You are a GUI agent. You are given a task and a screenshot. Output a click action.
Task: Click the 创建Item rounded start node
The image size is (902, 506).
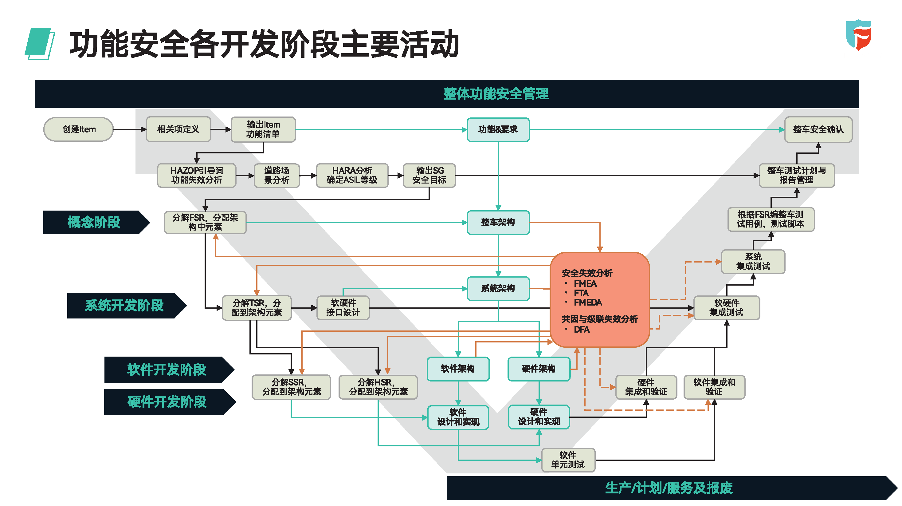pos(78,129)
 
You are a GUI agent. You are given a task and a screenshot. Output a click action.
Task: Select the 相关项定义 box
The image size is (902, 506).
pos(178,129)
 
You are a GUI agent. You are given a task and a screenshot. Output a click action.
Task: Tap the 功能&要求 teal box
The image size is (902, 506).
pos(498,130)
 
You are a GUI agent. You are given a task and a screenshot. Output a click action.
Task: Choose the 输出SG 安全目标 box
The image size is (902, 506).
pos(429,175)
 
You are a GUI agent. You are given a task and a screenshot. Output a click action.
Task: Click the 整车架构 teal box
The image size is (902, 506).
pos(498,223)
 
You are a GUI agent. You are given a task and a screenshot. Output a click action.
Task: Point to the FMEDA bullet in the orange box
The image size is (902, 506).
pos(588,302)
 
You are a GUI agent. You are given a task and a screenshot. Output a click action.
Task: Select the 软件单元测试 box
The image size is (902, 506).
pos(568,460)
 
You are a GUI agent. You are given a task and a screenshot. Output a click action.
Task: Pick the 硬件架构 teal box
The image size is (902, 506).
pos(539,369)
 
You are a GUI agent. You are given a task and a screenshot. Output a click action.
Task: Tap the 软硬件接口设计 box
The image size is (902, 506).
pos(343,308)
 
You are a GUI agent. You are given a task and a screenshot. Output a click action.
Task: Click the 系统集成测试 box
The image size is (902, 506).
pos(753,262)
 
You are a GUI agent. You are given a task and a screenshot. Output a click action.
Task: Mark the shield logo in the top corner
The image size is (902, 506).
pos(859,35)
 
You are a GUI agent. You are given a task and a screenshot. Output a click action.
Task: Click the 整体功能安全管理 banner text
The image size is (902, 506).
pos(496,93)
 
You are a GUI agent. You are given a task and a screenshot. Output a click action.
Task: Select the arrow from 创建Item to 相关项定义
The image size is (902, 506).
pos(130,129)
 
